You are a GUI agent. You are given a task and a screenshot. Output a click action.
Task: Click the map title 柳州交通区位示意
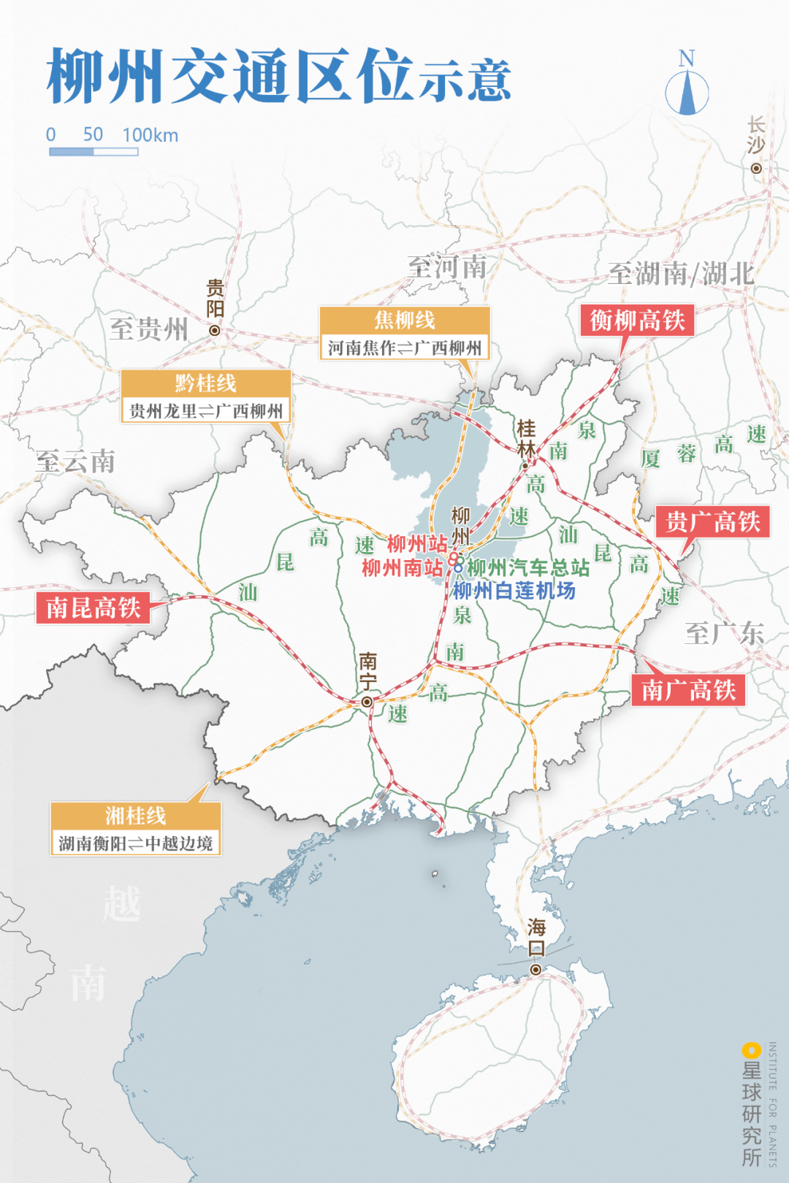[x=278, y=76]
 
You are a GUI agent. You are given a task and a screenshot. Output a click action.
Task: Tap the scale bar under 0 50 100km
[x=94, y=152]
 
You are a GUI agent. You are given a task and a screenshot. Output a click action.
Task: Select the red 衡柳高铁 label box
[x=637, y=321]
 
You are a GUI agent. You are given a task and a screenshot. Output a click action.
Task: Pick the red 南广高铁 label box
[x=688, y=690]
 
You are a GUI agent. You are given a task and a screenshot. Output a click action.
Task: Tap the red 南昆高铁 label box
[x=93, y=608]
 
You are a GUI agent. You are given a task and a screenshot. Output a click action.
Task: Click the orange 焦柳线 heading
[x=405, y=320]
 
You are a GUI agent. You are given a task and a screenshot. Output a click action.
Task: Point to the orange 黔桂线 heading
[x=206, y=383]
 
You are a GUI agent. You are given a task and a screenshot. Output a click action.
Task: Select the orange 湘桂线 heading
[x=135, y=815]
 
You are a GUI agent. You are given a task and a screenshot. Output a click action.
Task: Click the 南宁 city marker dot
[x=367, y=702]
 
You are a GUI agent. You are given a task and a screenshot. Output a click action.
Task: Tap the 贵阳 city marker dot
[x=215, y=330]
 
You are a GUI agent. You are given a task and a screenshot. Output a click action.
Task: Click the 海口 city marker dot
[x=536, y=970]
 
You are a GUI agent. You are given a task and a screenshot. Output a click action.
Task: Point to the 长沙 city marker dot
[x=756, y=169]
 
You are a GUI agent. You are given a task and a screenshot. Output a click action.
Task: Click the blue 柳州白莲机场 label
[x=514, y=591]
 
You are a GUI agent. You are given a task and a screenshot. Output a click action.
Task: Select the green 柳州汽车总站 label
[x=528, y=567]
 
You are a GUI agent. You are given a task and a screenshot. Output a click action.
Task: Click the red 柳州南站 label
[x=403, y=567]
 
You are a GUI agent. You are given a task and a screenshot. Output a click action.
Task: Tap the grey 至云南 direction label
[x=76, y=462]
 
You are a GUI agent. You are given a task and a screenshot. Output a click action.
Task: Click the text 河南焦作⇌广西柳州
[x=405, y=348]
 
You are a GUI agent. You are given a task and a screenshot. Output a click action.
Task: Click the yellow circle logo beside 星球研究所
[x=750, y=1050]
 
